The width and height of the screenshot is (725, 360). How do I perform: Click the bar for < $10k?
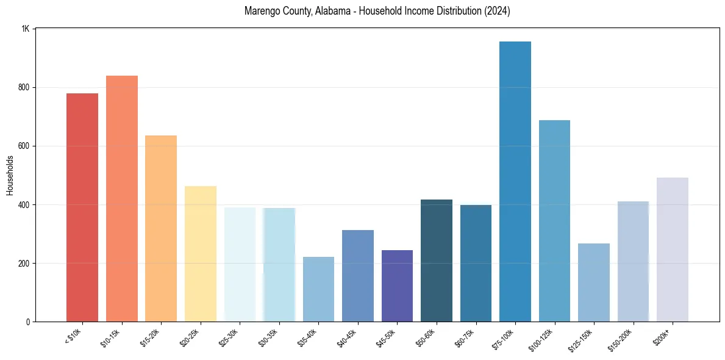pos(82,207)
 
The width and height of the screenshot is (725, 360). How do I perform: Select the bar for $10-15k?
pos(122,198)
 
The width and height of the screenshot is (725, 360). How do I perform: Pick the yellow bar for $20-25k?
pos(201,254)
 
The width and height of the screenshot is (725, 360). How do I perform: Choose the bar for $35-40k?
pos(318,289)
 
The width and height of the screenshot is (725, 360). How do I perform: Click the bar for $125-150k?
pos(594,283)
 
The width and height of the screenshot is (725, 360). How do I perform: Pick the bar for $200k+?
pos(673,250)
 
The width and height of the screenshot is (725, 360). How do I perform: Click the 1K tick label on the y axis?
pos(26,29)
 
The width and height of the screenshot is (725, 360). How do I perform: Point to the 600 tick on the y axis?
pos(24,146)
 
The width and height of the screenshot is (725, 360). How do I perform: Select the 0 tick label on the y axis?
pos(28,322)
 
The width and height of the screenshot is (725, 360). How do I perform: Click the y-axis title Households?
pos(10,175)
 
